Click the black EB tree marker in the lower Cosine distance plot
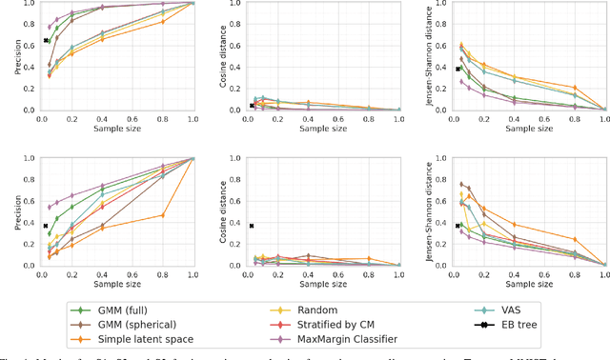pos(252,226)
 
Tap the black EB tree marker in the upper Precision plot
pos(45,40)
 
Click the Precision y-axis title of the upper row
pos(7,55)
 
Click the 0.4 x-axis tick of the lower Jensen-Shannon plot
pos(514,274)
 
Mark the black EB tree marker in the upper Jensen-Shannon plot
pos(457,69)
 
